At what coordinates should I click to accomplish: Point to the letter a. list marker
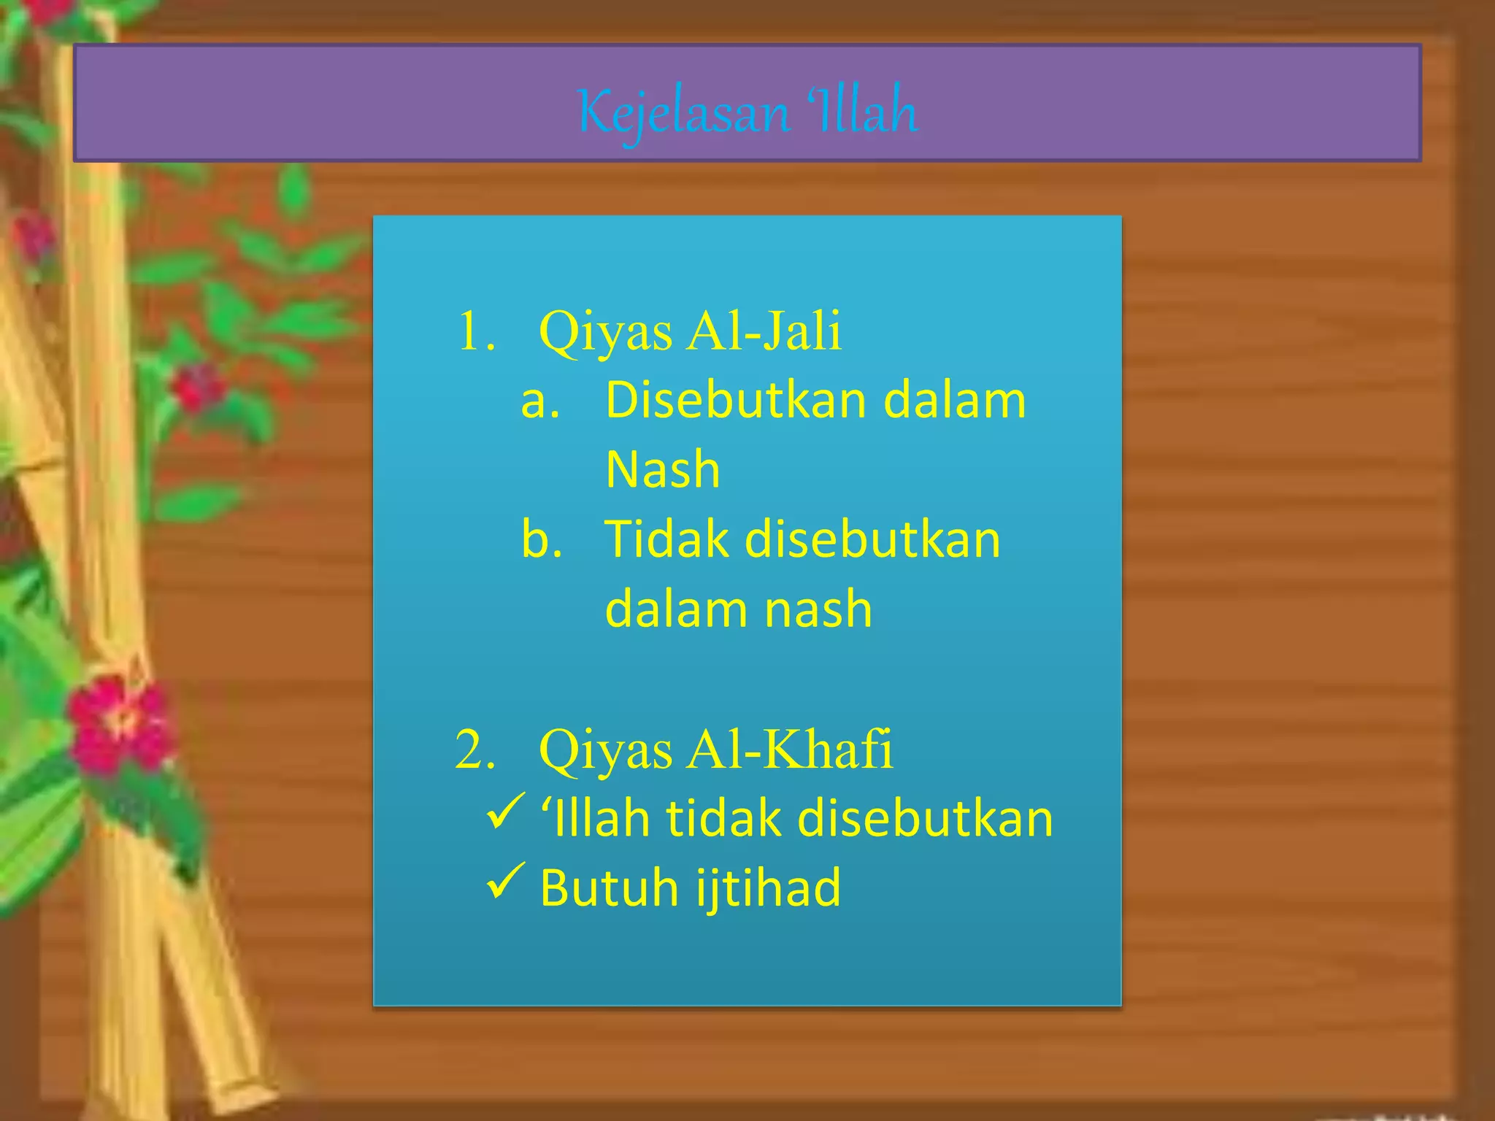(540, 401)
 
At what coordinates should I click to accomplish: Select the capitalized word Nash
(663, 469)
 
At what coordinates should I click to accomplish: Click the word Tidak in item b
(666, 540)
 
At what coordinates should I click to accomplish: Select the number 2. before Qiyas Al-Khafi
(475, 750)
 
